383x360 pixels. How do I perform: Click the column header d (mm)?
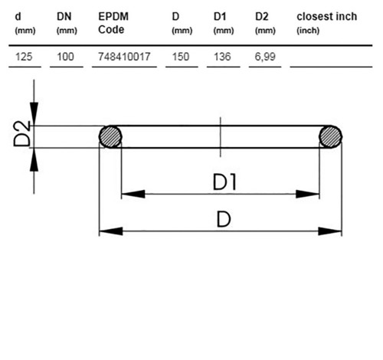(x=25, y=23)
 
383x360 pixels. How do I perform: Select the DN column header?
(x=67, y=23)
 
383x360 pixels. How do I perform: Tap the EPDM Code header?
(x=113, y=23)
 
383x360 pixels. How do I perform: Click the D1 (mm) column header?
(x=224, y=23)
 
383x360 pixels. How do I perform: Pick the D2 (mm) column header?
(x=265, y=23)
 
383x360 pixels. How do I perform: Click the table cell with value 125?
(x=24, y=57)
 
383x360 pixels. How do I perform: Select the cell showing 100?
(x=65, y=57)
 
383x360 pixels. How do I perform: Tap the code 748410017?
(x=124, y=57)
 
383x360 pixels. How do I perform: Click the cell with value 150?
(x=181, y=57)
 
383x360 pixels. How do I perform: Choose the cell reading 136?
(x=222, y=57)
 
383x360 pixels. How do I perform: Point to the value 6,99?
(x=265, y=57)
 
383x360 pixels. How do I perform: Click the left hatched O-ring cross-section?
(x=110, y=136)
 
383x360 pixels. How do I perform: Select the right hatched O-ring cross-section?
(x=331, y=136)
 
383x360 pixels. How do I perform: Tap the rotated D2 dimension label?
(x=22, y=133)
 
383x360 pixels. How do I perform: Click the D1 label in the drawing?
(x=224, y=182)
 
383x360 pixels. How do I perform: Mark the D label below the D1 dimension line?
(x=224, y=219)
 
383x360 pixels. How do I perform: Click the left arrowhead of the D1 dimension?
(x=133, y=194)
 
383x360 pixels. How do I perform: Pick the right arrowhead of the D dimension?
(x=330, y=231)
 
